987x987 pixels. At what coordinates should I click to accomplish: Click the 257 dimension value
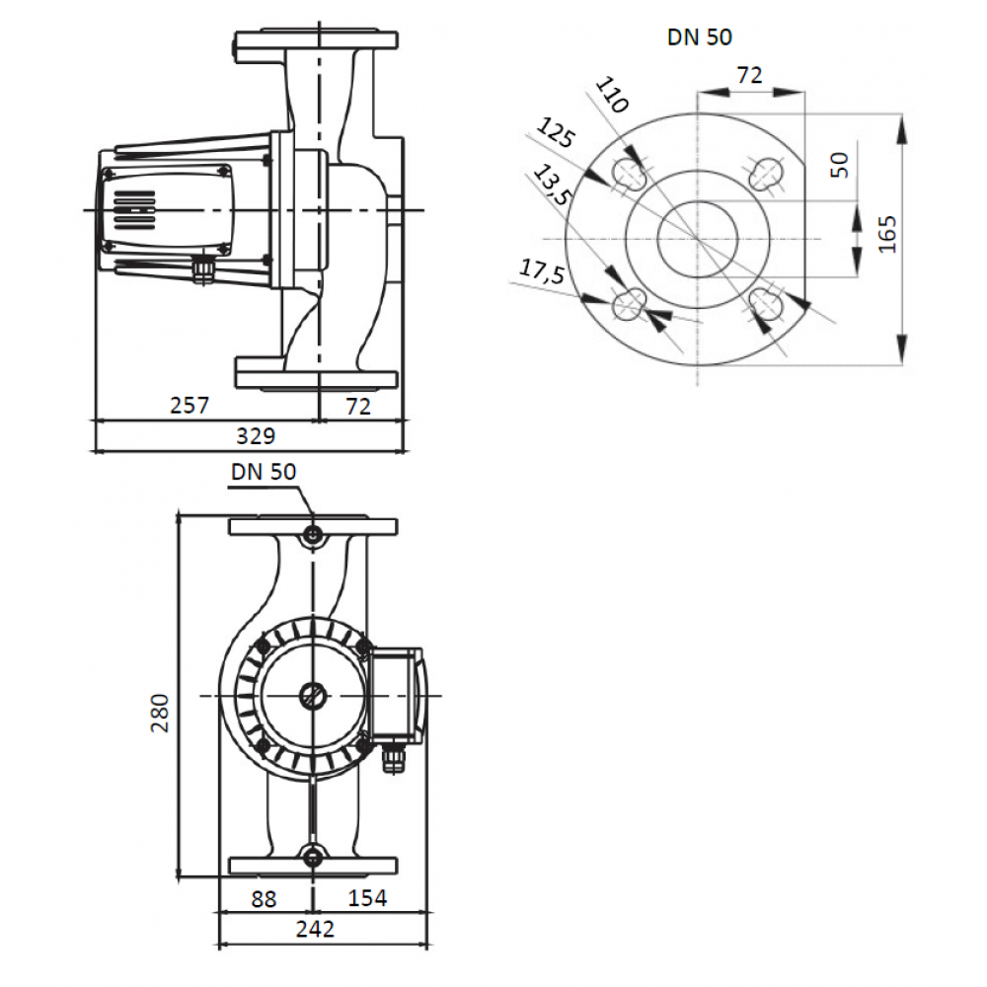click(x=189, y=405)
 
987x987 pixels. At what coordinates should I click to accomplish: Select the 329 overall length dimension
click(x=256, y=435)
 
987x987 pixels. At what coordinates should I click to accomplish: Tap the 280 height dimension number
click(x=160, y=713)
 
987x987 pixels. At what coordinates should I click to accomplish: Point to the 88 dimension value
click(x=264, y=899)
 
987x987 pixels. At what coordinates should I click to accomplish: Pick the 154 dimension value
click(x=367, y=897)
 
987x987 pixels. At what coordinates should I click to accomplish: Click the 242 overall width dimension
click(x=315, y=929)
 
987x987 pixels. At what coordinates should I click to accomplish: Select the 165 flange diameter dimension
click(x=887, y=234)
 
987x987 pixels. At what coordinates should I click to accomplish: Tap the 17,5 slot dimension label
click(x=541, y=272)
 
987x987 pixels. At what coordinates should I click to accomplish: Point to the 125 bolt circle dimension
click(x=556, y=132)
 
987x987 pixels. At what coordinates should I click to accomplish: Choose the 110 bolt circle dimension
click(x=612, y=95)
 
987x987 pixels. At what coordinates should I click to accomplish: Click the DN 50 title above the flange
click(x=700, y=38)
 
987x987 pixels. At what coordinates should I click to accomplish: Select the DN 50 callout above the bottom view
click(x=264, y=472)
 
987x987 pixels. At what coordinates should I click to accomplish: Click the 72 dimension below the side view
click(x=358, y=406)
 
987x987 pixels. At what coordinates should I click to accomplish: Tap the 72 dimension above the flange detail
click(x=750, y=75)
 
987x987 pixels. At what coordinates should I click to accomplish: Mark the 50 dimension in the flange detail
click(x=840, y=165)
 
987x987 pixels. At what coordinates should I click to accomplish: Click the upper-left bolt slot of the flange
click(x=630, y=174)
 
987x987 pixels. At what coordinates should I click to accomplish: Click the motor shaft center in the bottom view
click(x=313, y=696)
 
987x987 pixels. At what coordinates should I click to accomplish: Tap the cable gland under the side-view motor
click(x=203, y=270)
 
